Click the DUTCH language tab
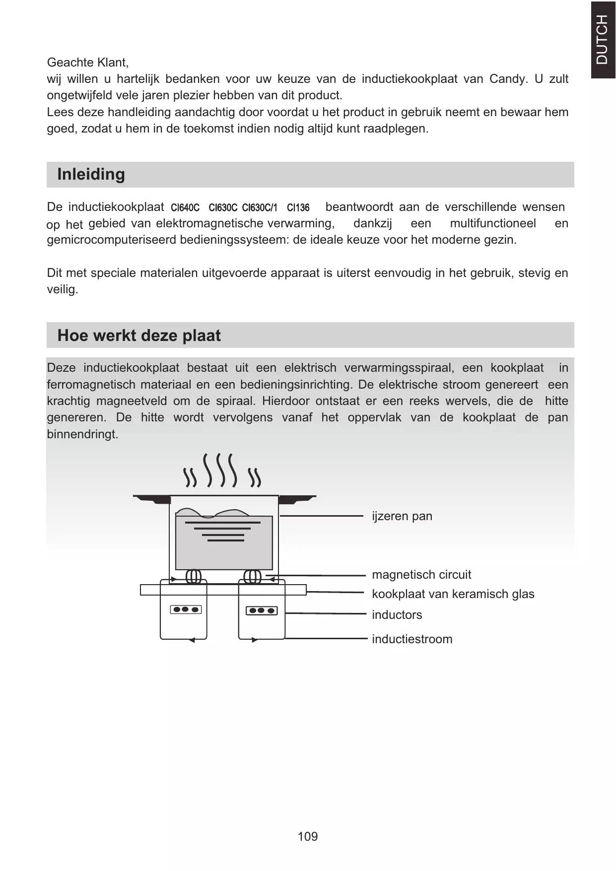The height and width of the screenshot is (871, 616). (602, 39)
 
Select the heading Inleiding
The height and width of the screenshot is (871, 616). (91, 174)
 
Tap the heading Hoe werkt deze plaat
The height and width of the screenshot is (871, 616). (139, 335)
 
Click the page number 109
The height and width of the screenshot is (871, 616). (308, 836)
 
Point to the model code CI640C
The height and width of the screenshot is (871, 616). (185, 207)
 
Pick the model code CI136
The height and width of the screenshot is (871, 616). (298, 207)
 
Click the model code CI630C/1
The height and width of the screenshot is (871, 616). (260, 207)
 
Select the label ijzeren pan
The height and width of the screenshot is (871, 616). (402, 516)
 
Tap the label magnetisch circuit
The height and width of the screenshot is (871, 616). (421, 575)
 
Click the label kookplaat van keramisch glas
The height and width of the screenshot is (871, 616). (453, 594)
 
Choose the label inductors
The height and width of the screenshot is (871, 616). (397, 615)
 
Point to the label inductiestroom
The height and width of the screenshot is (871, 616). (412, 639)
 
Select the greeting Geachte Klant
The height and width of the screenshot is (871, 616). (87, 63)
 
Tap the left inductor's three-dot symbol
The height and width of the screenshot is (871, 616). (186, 609)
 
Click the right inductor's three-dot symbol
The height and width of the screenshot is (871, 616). (262, 610)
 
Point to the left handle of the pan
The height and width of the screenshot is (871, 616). (152, 499)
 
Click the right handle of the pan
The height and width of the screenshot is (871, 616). (297, 499)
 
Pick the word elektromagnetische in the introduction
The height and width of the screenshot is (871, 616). (209, 224)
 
